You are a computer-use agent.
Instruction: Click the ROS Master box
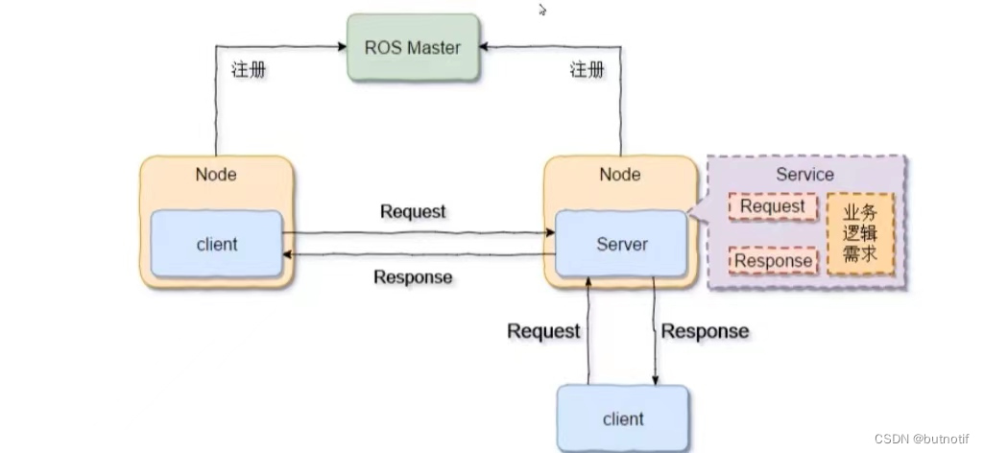[412, 47]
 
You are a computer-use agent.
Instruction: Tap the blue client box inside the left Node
[216, 245]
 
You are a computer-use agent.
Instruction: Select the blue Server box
[621, 245]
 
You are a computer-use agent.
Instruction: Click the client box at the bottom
[622, 418]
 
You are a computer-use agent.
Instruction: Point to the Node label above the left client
[216, 174]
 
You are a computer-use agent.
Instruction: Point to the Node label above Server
[619, 174]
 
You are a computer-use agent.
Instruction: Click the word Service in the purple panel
[804, 175]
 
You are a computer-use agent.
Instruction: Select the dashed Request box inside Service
[773, 206]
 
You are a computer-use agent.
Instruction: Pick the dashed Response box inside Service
[773, 260]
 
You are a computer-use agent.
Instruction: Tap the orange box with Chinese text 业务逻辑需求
[860, 234]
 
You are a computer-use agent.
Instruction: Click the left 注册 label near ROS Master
[249, 70]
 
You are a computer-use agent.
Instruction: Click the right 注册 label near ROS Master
[587, 70]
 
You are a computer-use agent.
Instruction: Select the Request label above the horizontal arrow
[413, 211]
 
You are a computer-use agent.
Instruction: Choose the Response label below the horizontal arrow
[413, 277]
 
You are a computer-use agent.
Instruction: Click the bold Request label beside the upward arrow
[543, 331]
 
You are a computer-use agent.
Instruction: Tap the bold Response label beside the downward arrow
[706, 331]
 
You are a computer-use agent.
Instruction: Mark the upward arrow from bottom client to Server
[587, 331]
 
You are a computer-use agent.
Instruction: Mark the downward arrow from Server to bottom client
[656, 331]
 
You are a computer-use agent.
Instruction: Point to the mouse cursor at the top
[542, 10]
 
